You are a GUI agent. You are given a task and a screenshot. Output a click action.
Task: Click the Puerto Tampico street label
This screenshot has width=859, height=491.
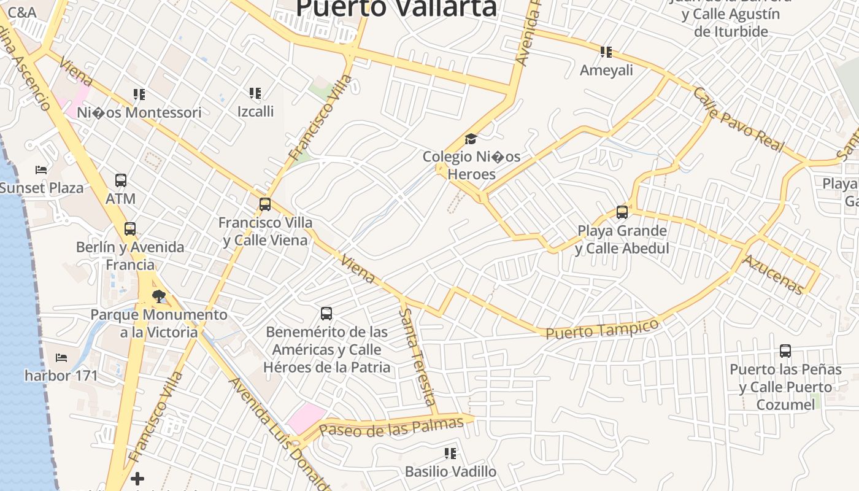coord(602,329)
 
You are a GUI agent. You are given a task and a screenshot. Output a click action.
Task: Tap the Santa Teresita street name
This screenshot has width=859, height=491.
coord(418,356)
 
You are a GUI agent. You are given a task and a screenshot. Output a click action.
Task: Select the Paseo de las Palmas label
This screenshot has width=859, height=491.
coord(391,427)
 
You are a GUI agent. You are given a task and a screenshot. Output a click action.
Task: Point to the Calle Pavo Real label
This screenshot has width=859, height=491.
coord(738,119)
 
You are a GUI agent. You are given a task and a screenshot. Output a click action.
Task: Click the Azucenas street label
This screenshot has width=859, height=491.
coord(772,274)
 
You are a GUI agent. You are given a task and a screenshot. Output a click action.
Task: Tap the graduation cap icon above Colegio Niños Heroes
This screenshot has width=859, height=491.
coord(471,139)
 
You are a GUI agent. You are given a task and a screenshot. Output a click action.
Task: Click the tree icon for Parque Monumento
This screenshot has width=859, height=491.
coord(159,297)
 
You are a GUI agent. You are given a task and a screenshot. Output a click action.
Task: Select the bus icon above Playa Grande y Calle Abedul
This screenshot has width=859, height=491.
coord(622,212)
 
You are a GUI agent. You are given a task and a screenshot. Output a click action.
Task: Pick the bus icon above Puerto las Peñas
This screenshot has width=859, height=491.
coord(785,351)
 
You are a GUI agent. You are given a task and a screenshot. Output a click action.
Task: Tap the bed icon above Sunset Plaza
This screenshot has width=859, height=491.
coord(41,169)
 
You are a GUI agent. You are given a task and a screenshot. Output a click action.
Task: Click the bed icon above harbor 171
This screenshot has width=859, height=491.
coord(61,357)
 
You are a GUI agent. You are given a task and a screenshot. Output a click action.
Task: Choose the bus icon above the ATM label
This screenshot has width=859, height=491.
coord(121,180)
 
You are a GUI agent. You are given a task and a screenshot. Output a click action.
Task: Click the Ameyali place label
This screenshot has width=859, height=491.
coord(606,70)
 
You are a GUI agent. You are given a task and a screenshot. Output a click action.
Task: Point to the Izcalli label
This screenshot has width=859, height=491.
coord(255,111)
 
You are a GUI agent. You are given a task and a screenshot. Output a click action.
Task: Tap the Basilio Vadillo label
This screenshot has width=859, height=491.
coord(450,471)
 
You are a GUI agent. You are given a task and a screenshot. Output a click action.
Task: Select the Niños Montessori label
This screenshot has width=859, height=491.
coord(139,112)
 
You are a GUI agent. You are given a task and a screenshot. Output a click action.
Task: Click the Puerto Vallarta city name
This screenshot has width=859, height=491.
coord(396,7)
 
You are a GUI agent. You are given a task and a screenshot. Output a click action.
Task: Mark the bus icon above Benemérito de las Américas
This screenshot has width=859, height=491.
coord(326,314)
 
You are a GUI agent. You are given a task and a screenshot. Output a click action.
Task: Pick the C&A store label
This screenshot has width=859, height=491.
coord(23,12)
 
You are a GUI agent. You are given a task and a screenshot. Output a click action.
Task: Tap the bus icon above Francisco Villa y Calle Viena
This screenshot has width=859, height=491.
coord(265,204)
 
